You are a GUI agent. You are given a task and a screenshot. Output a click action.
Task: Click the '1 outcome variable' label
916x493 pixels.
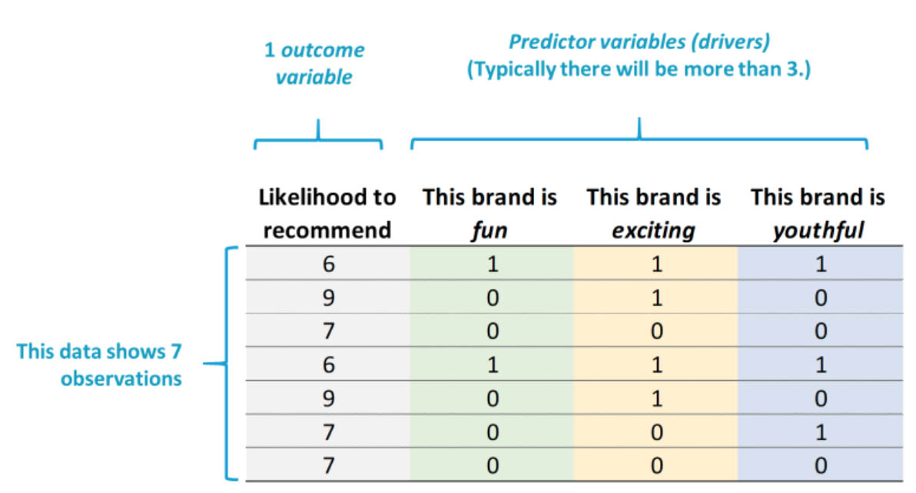click(x=314, y=63)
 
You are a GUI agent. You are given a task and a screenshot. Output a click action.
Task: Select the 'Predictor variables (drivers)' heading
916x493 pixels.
click(x=639, y=42)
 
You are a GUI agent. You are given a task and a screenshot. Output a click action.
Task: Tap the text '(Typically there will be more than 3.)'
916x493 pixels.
click(x=639, y=69)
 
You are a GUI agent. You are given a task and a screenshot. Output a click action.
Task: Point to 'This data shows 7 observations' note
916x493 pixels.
click(x=98, y=365)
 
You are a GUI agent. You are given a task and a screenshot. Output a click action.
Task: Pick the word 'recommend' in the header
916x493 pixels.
click(x=327, y=230)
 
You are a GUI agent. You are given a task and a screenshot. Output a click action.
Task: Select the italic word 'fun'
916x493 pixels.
click(x=489, y=230)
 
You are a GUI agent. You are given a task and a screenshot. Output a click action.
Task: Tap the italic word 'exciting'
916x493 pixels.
click(x=653, y=231)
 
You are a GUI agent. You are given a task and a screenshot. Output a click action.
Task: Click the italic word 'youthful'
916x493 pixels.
click(x=818, y=230)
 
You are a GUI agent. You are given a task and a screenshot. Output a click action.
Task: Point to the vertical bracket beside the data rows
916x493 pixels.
click(x=227, y=363)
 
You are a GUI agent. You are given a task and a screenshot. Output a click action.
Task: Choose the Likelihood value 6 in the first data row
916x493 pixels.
click(x=328, y=264)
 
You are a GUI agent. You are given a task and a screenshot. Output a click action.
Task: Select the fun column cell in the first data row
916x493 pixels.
click(x=493, y=264)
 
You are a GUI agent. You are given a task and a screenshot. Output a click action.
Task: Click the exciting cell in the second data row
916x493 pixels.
click(x=656, y=297)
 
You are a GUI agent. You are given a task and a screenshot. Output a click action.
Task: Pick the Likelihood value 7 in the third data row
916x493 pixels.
click(x=328, y=331)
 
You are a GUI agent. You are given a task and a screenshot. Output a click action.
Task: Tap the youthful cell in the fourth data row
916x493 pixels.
click(x=821, y=365)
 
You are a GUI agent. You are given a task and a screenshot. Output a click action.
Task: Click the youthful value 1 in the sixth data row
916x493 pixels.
click(x=821, y=432)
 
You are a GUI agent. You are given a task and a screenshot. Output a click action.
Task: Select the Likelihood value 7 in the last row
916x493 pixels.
click(x=328, y=465)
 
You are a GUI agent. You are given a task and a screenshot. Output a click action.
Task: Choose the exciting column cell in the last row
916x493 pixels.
click(x=656, y=465)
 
